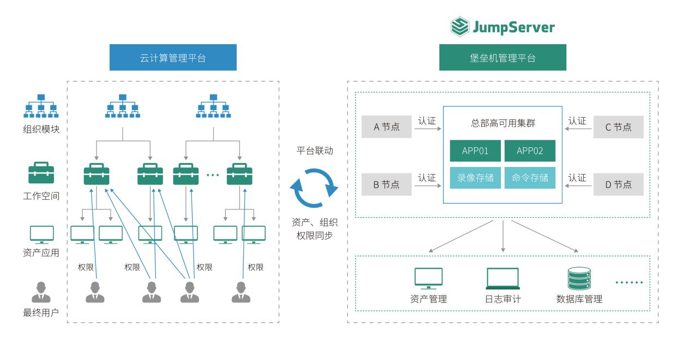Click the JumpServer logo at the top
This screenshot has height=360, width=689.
pos(502,26)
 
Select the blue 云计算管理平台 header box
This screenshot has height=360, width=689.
pos(173,57)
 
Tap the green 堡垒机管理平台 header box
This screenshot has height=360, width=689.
pos(502,57)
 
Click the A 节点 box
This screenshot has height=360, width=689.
pos(386,127)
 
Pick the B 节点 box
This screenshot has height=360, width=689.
pos(386,184)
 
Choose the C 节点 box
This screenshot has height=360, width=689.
pos(618,127)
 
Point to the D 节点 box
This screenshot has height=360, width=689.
pos(618,184)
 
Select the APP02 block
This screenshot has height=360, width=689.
pos(530,151)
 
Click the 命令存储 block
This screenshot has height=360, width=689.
pos(530,178)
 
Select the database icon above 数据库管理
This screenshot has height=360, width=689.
pos(579,278)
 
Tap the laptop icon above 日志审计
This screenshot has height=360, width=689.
pos(502,279)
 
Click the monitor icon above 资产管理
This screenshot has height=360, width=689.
pos(428,278)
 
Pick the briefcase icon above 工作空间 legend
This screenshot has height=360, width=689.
pos(41,173)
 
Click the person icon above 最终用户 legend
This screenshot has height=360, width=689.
pos(41,292)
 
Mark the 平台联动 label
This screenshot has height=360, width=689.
pos(314,151)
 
